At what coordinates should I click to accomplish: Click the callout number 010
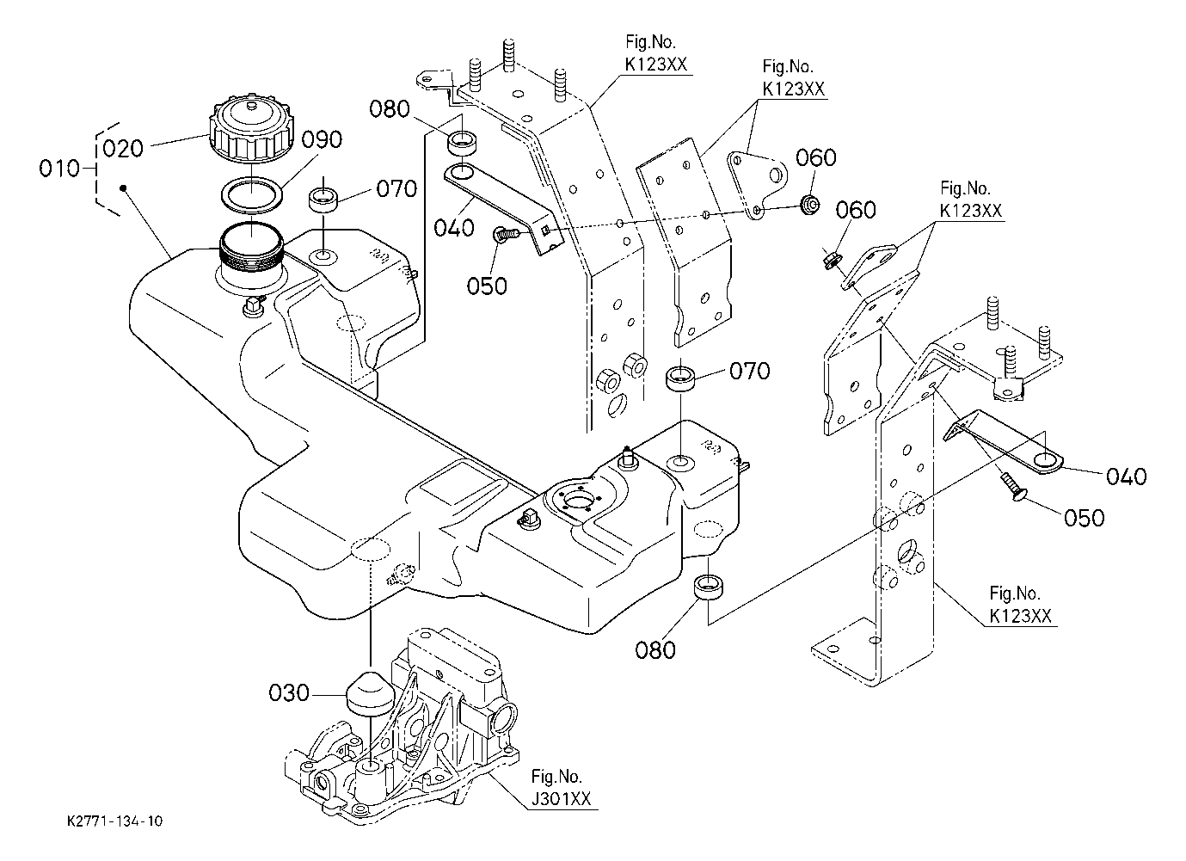[58, 169]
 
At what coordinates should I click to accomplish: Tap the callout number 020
[122, 148]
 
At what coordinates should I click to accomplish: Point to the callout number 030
[288, 692]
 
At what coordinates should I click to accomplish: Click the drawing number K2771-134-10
[114, 821]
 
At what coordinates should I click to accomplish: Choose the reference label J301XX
[561, 799]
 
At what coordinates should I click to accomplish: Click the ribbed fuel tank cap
[248, 132]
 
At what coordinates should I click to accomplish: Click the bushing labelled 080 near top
[464, 141]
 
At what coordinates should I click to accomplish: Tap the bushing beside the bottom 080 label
[710, 589]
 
